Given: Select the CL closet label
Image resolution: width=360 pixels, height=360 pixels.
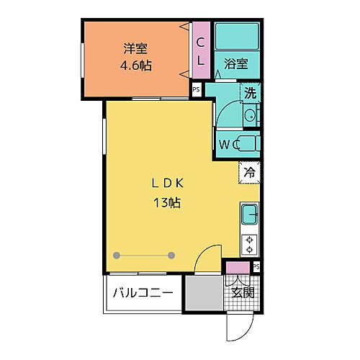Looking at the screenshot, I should (x=202, y=51).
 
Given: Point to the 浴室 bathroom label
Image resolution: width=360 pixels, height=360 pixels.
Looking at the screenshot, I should (x=236, y=63).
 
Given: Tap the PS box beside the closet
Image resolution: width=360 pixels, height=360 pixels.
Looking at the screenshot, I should (x=196, y=90).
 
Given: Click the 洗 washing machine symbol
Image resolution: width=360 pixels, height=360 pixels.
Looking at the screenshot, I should (x=249, y=93).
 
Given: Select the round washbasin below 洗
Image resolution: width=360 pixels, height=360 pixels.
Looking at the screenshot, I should (x=249, y=116).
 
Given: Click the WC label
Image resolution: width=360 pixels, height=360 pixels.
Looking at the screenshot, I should (x=229, y=144).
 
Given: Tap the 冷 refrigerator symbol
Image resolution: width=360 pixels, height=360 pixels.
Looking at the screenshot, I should (x=249, y=173).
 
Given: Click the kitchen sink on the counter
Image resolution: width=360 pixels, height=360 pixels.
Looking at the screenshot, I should (x=249, y=214).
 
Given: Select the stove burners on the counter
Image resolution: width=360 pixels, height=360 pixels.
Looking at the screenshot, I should (x=249, y=244).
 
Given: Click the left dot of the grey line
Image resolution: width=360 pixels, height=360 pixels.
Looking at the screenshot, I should (x=117, y=254).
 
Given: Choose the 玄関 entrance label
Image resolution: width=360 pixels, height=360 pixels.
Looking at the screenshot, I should (x=243, y=292).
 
